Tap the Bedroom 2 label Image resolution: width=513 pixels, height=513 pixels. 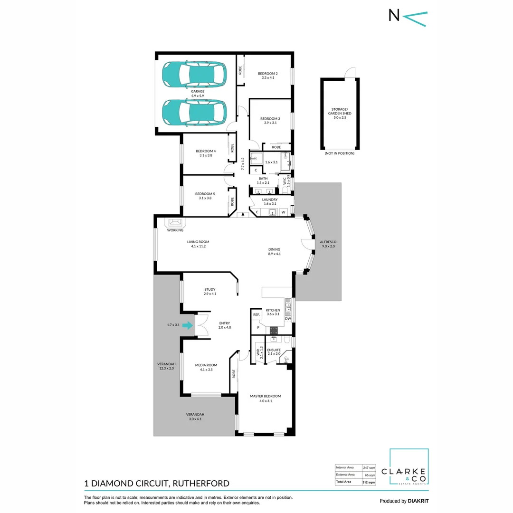point(267,75)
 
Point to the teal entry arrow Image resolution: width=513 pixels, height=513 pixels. point(188,326)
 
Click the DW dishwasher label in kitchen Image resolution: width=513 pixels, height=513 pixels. point(288,319)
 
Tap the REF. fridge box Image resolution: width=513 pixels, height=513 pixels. point(256,315)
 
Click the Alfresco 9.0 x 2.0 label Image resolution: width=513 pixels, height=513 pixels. point(328,244)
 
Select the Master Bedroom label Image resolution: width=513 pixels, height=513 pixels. point(266,398)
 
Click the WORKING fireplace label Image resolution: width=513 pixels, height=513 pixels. point(175,230)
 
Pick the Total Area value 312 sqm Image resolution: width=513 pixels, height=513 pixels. point(369,482)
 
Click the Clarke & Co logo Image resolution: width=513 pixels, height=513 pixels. point(408,467)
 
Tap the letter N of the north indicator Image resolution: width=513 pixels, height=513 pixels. point(394,16)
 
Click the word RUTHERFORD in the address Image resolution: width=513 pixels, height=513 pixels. point(201,484)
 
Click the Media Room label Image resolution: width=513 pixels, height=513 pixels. point(206,367)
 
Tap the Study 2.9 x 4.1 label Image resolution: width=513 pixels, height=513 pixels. point(210,291)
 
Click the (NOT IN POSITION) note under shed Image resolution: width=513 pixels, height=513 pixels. point(339,154)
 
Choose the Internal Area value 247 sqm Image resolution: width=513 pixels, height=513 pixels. point(369,467)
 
